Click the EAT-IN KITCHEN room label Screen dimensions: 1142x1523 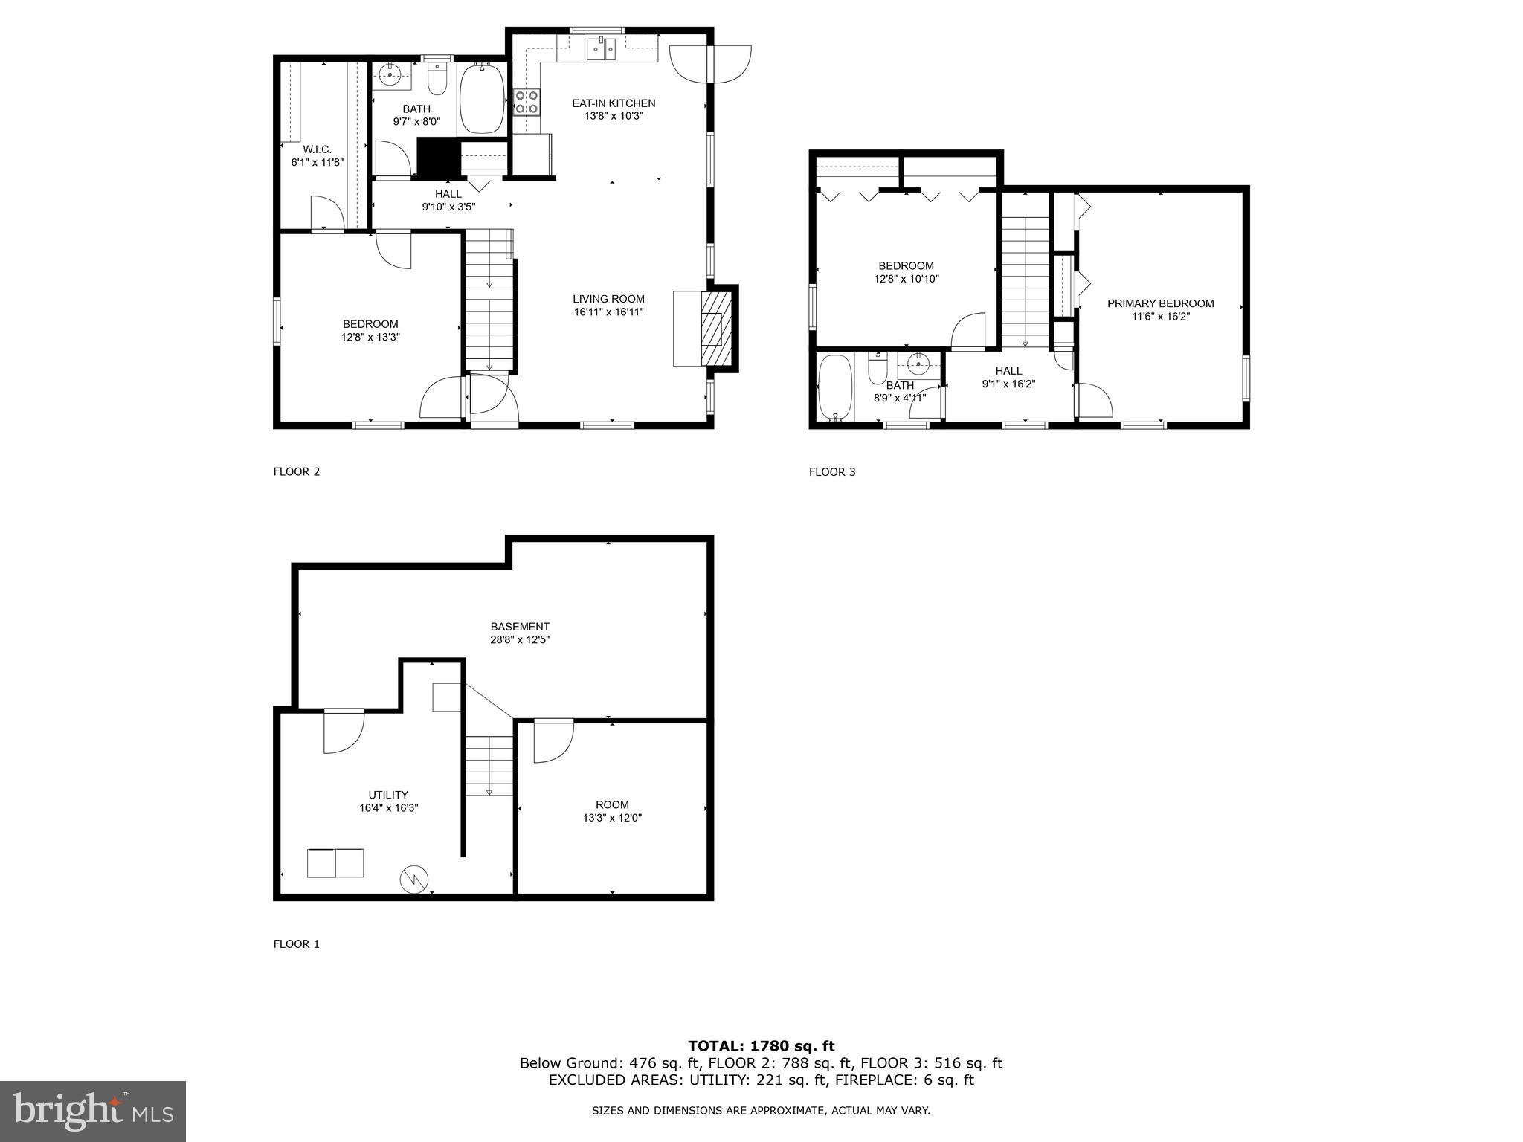coord(613,103)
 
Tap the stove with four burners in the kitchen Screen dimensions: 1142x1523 coord(527,102)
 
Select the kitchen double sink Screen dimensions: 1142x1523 coord(601,50)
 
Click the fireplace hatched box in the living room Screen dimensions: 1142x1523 coord(716,328)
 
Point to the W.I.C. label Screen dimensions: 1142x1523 coord(317,149)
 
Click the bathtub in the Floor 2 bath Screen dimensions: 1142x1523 coord(482,99)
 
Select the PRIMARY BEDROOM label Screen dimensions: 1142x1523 coord(1160,303)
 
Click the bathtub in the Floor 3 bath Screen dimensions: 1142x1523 coord(834,387)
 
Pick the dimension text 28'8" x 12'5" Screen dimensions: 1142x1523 coord(519,639)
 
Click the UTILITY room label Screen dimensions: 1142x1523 coord(388,795)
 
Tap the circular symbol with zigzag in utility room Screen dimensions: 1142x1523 coord(414,879)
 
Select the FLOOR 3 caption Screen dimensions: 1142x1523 coord(832,471)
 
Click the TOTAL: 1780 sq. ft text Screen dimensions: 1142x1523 coord(761,1046)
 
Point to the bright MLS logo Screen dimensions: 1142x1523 coord(93,1111)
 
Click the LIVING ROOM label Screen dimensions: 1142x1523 coord(608,299)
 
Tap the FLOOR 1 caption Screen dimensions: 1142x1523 coord(296,944)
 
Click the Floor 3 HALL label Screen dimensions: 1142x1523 coord(1008,371)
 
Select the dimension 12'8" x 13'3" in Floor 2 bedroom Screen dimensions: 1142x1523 coord(370,337)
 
